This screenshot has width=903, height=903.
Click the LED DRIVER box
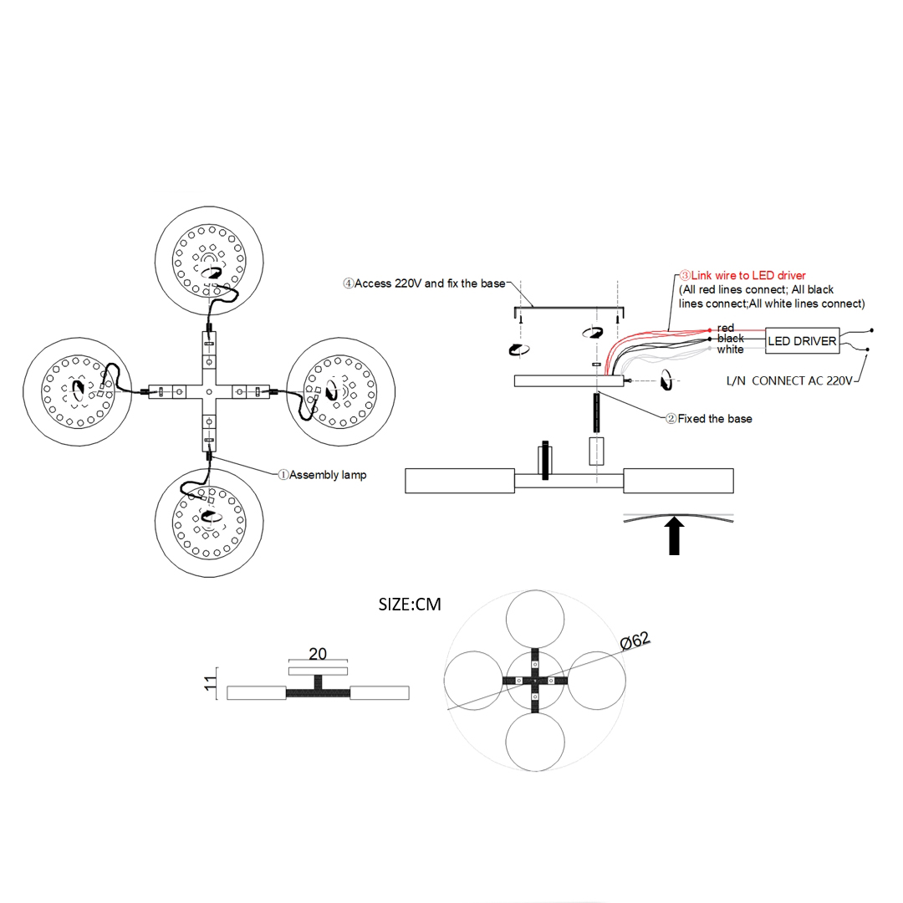pos(802,341)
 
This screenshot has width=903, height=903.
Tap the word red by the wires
pos(726,329)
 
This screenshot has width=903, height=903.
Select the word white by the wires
pos(730,349)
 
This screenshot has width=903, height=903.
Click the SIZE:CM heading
pos(409,604)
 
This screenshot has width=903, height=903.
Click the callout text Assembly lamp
pos(327,475)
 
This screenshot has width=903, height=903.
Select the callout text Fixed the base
pos(714,419)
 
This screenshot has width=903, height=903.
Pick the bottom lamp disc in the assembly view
pos(209,523)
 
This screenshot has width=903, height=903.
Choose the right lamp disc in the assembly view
pos(341,390)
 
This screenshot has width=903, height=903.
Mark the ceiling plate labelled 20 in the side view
pos(318,671)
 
